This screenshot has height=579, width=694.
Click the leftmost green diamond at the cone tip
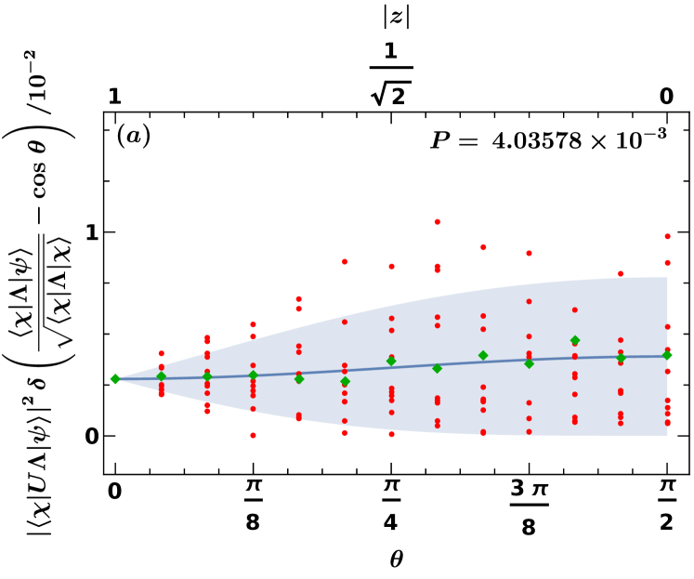(x=115, y=379)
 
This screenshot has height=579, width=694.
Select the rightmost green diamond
(x=667, y=355)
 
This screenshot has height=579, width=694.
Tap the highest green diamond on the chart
(x=575, y=340)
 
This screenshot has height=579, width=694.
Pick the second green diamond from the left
(x=162, y=376)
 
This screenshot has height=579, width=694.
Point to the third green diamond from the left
(x=207, y=376)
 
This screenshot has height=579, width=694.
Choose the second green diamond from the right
(x=621, y=358)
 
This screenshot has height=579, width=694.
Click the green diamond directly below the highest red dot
(x=437, y=369)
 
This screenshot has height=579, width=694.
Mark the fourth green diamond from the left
(x=253, y=375)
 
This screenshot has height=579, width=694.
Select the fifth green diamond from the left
(x=299, y=379)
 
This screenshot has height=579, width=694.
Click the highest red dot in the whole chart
(x=437, y=222)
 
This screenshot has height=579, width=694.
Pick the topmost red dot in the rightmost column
(x=667, y=237)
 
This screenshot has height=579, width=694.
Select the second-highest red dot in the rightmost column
(x=667, y=263)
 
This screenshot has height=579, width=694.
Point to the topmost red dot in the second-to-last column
(x=621, y=274)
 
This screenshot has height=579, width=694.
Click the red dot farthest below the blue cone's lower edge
(x=253, y=435)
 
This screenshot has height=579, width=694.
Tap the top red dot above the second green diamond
(x=162, y=354)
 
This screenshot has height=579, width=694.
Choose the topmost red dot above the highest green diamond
(x=575, y=309)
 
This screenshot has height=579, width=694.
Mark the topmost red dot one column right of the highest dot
(x=483, y=247)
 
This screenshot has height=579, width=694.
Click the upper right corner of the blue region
(x=667, y=278)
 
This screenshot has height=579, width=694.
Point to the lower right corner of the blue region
(x=667, y=435)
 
